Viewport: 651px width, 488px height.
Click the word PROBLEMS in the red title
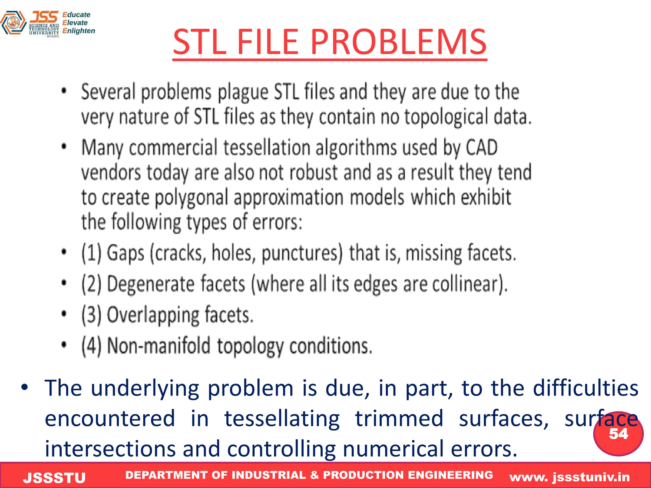click(398, 42)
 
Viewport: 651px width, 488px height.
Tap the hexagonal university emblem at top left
click(13, 23)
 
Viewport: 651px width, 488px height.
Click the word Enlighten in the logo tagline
click(79, 31)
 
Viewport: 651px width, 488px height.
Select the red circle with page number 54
click(618, 434)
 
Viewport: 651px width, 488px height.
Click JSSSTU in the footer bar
click(54, 478)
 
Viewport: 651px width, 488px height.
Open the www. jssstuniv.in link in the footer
click(569, 477)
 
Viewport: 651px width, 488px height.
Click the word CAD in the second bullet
click(482, 147)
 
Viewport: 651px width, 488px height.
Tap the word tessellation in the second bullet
click(267, 147)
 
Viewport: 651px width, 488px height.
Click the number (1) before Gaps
click(91, 253)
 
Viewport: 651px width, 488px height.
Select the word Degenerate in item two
click(150, 284)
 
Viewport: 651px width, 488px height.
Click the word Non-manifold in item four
click(159, 346)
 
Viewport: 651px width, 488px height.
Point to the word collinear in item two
click(469, 284)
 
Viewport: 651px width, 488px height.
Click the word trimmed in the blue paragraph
click(399, 418)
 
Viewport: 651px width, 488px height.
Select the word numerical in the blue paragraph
click(394, 449)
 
